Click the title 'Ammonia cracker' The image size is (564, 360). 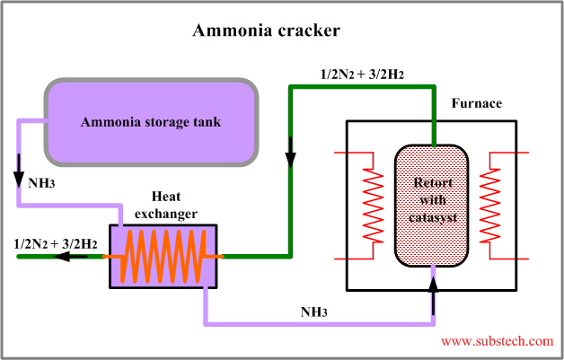point(267,31)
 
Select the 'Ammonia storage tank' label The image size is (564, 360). point(151,122)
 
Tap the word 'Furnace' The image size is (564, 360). point(476,104)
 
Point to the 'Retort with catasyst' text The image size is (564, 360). point(433,199)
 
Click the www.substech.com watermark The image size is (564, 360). point(497,341)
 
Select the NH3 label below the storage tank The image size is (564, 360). point(40,183)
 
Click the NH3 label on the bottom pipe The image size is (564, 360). point(314,312)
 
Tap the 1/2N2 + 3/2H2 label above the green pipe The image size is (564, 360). point(362,73)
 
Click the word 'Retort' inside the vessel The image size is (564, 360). point(433,184)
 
